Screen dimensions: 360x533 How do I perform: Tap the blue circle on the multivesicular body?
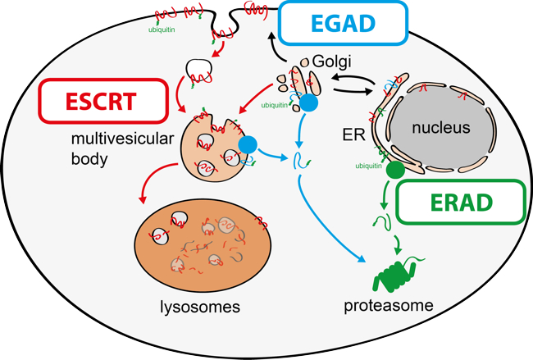248,146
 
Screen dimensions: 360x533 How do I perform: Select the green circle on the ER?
394,170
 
